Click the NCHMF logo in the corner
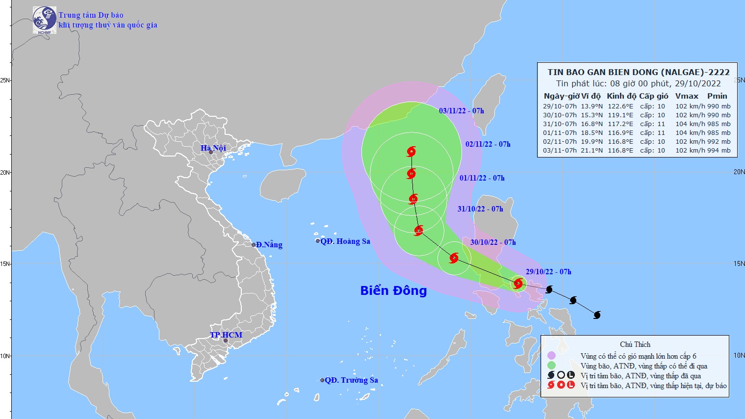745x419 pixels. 45,20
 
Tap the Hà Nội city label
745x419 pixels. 213,148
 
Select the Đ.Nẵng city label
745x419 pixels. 269,245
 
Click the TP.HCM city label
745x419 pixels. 226,335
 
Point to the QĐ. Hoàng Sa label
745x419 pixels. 345,241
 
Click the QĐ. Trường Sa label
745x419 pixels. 351,380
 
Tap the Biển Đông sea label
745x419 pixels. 393,290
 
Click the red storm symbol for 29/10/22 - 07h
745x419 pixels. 518,283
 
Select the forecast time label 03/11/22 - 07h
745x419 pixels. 461,111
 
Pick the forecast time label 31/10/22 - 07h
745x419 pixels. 480,209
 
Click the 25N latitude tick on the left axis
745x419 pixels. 5,80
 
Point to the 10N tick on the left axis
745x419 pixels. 5,356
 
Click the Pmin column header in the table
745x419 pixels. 717,96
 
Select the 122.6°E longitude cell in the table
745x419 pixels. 620,106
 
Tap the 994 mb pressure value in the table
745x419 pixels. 719,151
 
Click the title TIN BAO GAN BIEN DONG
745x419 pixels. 638,72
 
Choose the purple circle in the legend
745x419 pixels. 551,356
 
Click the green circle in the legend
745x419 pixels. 551,366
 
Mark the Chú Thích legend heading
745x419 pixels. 635,344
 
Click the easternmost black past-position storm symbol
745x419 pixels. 597,315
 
